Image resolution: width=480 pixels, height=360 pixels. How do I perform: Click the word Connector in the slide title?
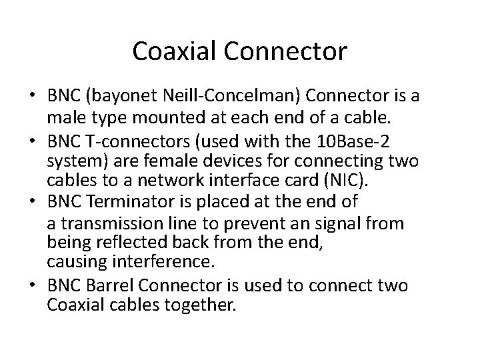pos(287,50)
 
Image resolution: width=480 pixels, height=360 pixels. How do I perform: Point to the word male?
pos(64,119)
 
